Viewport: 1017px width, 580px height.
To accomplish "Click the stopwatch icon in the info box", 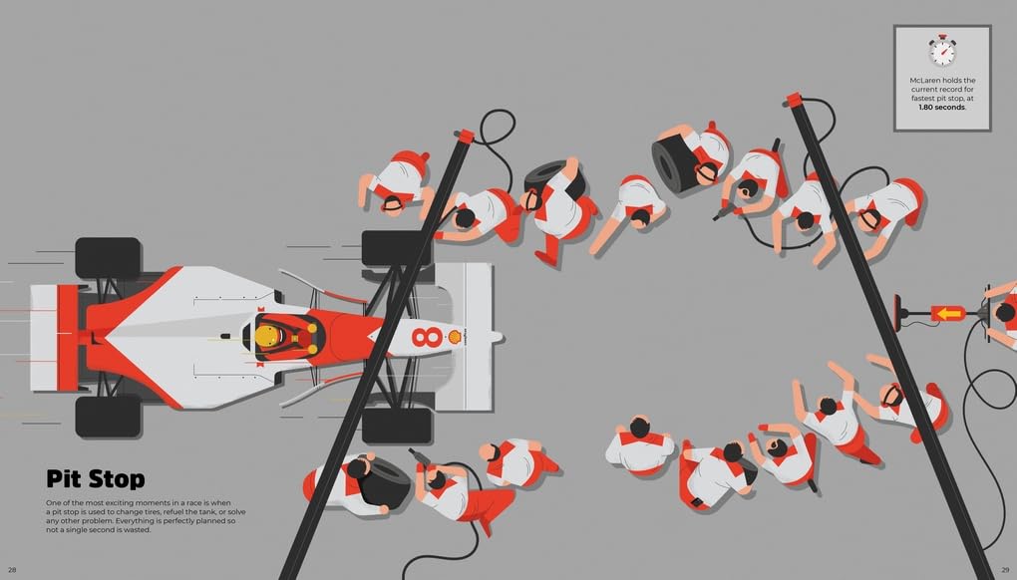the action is tap(942, 51).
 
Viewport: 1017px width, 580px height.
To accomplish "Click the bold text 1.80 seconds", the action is tap(942, 108).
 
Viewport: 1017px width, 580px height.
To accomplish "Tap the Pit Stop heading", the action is tap(96, 479).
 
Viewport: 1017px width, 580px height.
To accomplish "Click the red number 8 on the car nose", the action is tap(427, 337).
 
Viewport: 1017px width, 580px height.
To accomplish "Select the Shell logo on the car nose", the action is tap(455, 337).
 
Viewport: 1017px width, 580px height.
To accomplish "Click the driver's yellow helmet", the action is tap(266, 336).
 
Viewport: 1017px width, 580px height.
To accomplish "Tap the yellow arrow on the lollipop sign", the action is tap(948, 314).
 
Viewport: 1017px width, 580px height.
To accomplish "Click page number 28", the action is tap(12, 570).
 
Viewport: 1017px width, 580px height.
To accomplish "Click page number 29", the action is tap(1005, 570).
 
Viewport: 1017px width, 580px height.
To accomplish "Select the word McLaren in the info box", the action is tap(924, 81).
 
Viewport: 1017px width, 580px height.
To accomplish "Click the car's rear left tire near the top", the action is tap(109, 258).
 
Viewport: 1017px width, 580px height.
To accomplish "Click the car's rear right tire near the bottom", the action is tap(109, 416).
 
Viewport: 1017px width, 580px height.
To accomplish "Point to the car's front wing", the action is tap(466, 336).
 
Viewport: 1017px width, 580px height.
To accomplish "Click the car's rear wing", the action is tap(54, 338).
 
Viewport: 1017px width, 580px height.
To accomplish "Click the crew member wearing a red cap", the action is tap(397, 183).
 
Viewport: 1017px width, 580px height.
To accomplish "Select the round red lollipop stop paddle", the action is tap(900, 313).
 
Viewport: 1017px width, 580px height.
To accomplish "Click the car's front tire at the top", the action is tap(396, 248).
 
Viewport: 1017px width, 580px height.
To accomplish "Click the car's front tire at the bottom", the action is tap(396, 426).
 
